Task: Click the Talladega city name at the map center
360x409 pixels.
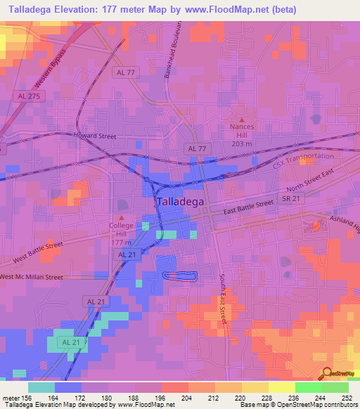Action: (x=179, y=201)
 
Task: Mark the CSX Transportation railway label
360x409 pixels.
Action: (x=303, y=158)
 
